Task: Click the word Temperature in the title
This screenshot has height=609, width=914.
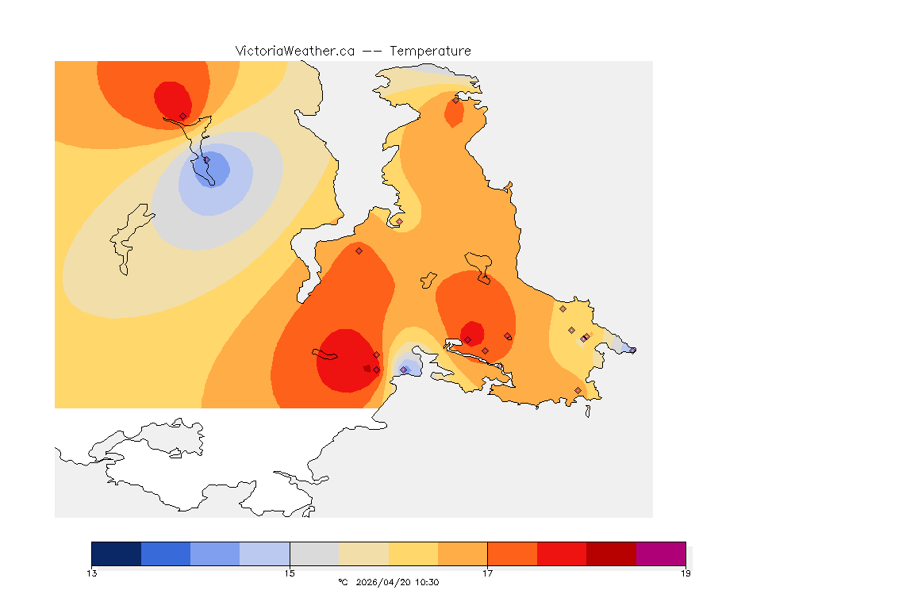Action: (430, 51)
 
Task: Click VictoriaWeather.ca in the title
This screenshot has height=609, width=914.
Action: (294, 51)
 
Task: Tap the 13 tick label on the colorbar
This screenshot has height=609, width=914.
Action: (92, 573)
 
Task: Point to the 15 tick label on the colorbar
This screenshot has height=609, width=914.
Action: (290, 573)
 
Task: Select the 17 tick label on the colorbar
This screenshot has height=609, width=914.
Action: (487, 573)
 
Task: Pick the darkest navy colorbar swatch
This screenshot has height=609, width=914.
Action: (117, 553)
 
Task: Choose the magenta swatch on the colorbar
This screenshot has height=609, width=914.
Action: (661, 553)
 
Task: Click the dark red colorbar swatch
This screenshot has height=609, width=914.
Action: (611, 553)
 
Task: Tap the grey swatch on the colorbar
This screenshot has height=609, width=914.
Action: (314, 553)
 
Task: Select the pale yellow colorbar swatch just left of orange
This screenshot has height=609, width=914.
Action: (413, 553)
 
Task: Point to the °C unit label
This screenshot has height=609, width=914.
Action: (343, 583)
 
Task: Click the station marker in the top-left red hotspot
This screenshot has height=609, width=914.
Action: (182, 116)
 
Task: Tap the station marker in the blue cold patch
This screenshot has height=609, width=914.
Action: (207, 160)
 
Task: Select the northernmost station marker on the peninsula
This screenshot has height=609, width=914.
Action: (455, 100)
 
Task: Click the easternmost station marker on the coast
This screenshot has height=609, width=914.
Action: (632, 350)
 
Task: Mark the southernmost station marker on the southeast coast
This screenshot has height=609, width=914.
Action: (578, 390)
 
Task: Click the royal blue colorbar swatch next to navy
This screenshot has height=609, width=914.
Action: (166, 553)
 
